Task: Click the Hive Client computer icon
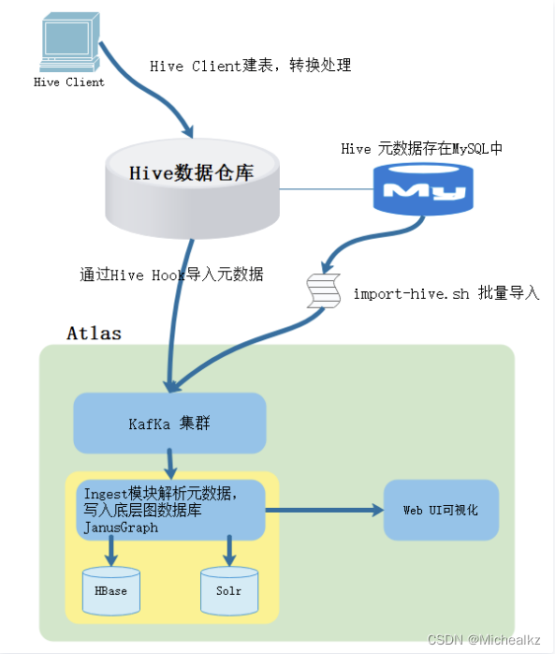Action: point(67,42)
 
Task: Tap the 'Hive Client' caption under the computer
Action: point(68,82)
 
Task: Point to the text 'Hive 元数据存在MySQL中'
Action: point(422,148)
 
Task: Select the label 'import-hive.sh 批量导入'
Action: point(445,293)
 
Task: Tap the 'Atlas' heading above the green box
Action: point(94,333)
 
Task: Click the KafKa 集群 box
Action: point(169,423)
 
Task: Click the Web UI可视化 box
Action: point(439,510)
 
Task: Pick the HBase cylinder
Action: point(110,590)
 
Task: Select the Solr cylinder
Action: point(228,590)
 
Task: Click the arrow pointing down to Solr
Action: point(228,551)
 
